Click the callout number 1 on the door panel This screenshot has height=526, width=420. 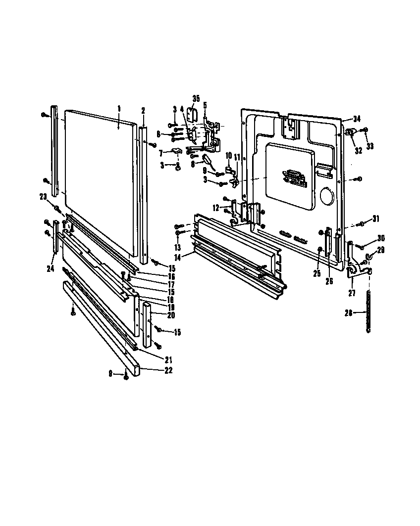coord(119,108)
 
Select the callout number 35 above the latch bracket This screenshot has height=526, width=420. coord(196,99)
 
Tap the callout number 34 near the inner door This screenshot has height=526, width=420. coord(357,119)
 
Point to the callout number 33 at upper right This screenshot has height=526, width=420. coord(369,146)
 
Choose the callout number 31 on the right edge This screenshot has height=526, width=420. coord(375,219)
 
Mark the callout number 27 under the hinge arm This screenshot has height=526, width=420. coord(352,293)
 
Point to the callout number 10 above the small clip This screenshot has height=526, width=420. coord(228,156)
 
